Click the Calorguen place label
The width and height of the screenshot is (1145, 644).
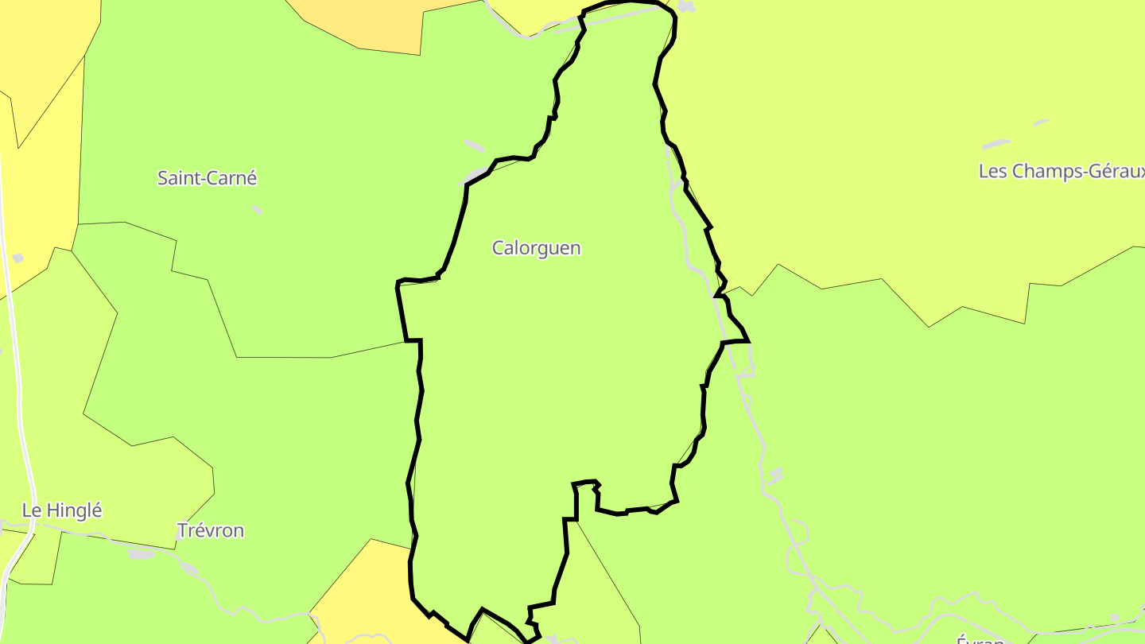[537, 248]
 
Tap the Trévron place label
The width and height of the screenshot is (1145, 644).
[211, 530]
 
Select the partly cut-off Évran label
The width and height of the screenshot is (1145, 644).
[980, 638]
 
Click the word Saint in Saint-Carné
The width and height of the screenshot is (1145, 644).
[177, 178]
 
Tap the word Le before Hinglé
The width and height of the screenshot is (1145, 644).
[31, 510]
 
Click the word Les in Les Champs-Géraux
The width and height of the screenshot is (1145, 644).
[992, 171]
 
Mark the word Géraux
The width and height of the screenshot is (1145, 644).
[1116, 172]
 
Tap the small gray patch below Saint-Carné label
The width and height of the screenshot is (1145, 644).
[257, 209]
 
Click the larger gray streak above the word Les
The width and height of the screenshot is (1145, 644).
[996, 145]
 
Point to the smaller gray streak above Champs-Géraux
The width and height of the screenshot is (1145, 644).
[1042, 122]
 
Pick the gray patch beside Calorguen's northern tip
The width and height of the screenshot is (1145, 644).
[685, 7]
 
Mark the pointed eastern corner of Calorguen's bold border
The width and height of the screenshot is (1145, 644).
[748, 341]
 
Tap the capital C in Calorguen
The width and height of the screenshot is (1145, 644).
[498, 248]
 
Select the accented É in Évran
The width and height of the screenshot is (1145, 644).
[961, 639]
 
